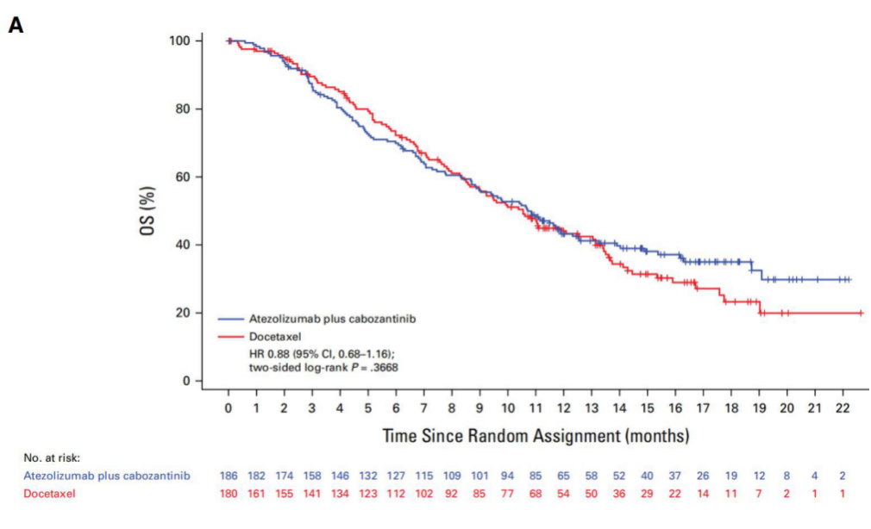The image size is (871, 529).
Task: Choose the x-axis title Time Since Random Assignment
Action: (536, 435)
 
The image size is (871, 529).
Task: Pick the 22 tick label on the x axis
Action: (843, 408)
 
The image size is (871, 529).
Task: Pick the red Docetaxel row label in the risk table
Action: (50, 493)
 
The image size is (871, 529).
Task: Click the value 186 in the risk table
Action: (229, 476)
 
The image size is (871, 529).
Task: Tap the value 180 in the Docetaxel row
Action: (229, 493)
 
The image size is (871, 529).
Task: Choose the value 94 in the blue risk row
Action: (508, 476)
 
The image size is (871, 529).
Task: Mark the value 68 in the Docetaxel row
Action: (536, 493)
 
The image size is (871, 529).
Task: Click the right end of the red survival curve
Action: (862, 313)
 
